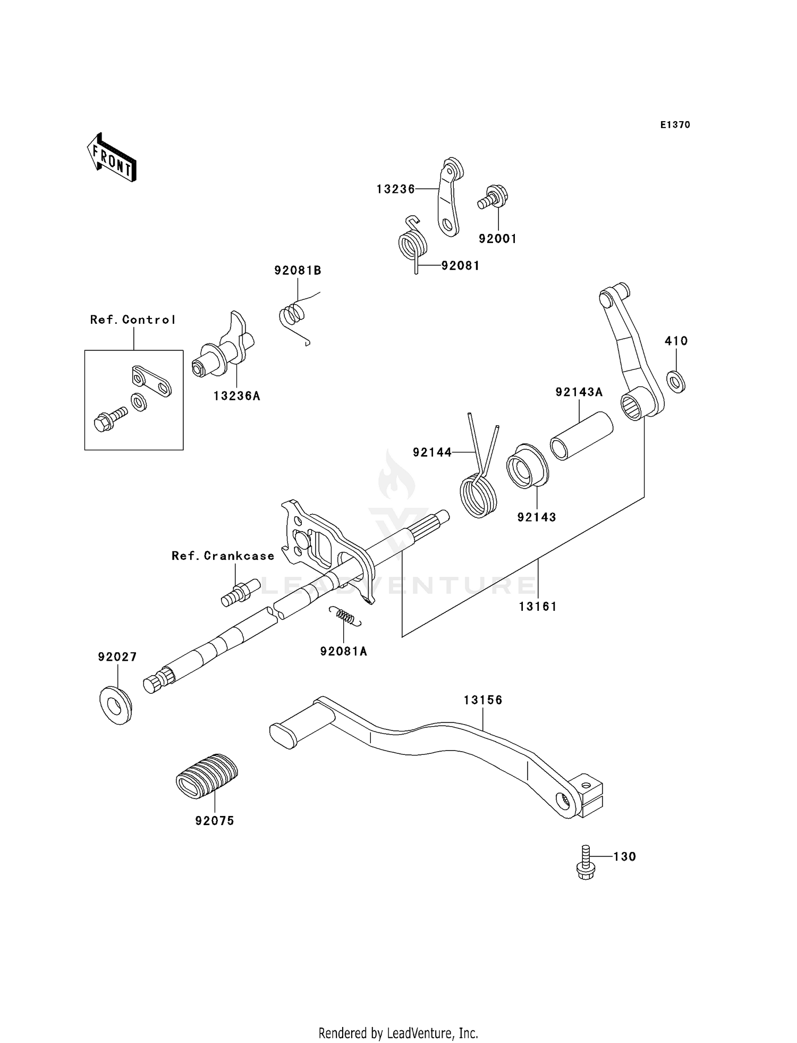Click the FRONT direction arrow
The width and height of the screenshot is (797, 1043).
pos(112,158)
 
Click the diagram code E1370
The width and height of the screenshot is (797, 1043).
pos(675,125)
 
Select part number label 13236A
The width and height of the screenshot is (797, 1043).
pos(237,396)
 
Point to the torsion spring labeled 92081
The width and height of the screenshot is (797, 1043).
pos(413,245)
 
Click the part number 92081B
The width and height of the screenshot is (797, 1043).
pos(298,270)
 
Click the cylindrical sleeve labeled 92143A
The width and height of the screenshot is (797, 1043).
pos(581,435)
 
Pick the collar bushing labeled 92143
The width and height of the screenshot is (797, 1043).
pos(527,466)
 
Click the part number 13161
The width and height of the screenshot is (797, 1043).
pos(538,606)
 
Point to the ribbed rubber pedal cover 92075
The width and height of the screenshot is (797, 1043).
pos(206,776)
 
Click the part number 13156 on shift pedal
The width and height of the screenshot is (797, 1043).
pos(482,700)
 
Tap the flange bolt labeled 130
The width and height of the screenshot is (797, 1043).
pos(585,862)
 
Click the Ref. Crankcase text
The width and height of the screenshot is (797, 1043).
pos(223,556)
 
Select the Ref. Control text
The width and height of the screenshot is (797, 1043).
pos(133,319)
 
